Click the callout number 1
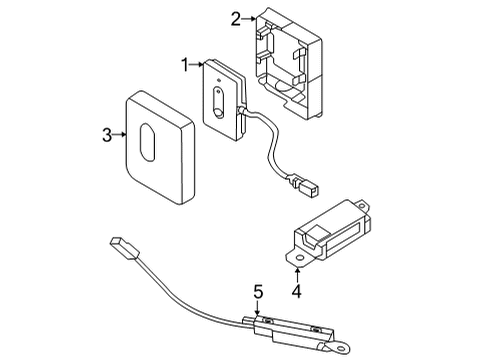pos(184,65)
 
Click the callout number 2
pos(236,17)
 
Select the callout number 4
pos(297,292)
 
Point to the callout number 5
pos(257,292)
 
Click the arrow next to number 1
pos(196,65)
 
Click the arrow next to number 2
pos(249,17)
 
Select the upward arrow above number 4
pos(297,274)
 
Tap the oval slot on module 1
pos(219,102)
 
